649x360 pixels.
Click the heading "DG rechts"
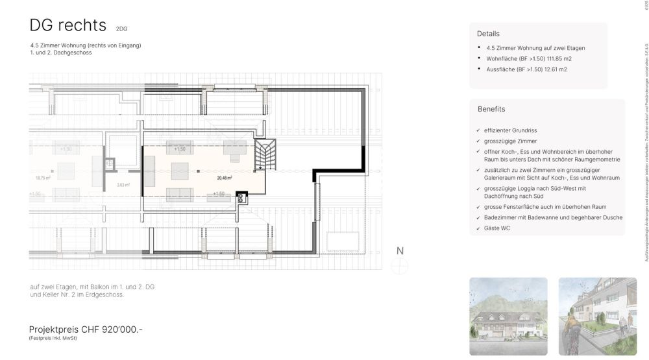[x=67, y=25]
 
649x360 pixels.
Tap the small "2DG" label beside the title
[x=122, y=29]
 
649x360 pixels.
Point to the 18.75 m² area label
[x=43, y=178]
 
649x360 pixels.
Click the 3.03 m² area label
[x=123, y=185]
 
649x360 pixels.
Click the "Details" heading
[x=488, y=34]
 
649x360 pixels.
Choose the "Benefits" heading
[x=491, y=109]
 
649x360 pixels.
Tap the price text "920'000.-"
[x=121, y=330]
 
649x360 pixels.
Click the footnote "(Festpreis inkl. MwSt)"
[x=53, y=339]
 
